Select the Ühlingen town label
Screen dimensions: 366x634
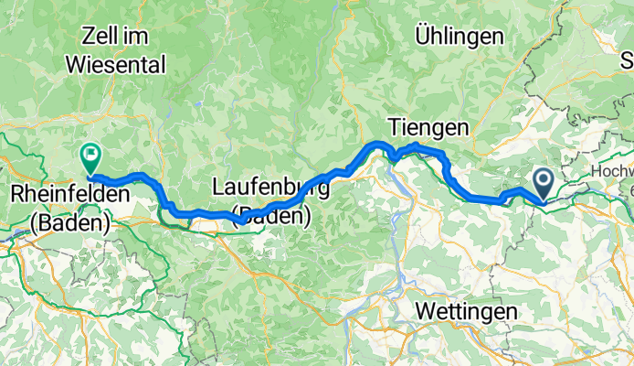[459, 37]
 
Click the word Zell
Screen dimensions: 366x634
[102, 37]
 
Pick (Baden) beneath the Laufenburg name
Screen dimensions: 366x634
[272, 217]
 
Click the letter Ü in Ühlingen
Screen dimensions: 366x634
[421, 37]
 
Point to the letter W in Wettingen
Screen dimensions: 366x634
[424, 311]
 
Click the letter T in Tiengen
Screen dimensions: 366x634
[394, 126]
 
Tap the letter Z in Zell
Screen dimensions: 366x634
[89, 37]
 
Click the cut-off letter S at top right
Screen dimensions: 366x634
[628, 61]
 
